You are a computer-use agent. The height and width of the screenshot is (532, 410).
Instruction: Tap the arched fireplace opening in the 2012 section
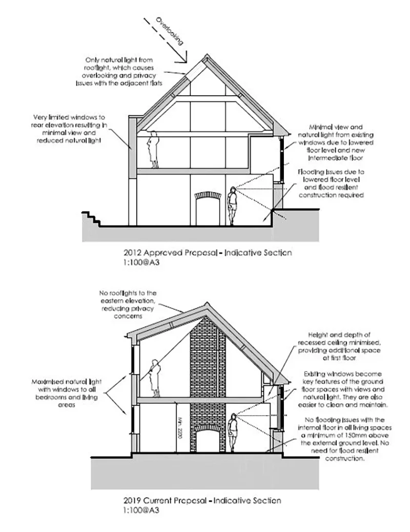pos(206,209)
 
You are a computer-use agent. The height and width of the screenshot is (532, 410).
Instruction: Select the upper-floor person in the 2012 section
pos(153,149)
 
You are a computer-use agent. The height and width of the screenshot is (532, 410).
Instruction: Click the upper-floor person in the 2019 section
pos(153,377)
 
